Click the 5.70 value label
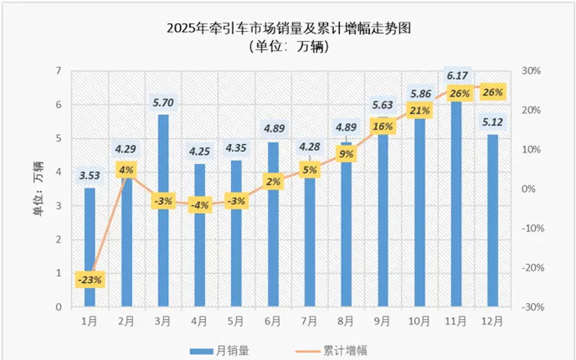[163, 103]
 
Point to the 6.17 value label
[456, 75]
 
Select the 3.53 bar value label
[90, 176]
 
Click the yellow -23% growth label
[90, 279]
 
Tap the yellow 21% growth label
[420, 111]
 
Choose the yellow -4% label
[200, 205]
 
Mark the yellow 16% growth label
[383, 127]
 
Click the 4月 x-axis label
[200, 319]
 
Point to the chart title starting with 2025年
[288, 29]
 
